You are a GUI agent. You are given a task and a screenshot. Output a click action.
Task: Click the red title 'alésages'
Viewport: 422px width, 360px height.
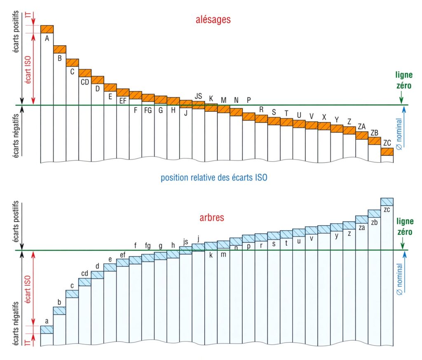tap(213, 19)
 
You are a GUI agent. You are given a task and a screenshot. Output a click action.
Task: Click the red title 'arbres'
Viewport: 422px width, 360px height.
tap(212, 217)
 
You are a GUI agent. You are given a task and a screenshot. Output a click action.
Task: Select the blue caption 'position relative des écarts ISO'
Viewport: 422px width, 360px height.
tap(214, 178)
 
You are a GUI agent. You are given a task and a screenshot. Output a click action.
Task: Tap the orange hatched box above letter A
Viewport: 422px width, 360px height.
tap(47, 29)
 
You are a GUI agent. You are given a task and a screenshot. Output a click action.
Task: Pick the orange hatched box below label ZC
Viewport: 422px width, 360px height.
tap(387, 152)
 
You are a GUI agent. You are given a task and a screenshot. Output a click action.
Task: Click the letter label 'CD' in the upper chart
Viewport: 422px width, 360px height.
tap(85, 82)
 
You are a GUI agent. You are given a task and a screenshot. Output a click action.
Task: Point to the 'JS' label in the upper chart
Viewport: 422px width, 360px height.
tap(198, 96)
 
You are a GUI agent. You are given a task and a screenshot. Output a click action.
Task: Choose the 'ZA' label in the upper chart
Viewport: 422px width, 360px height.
tap(362, 127)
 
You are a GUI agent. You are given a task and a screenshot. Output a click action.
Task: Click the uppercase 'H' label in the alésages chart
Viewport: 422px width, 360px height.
tap(173, 110)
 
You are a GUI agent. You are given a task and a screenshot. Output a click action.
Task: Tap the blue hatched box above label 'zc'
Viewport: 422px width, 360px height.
tap(387, 202)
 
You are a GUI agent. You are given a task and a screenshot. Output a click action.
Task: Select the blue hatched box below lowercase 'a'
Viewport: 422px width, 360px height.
tap(47, 329)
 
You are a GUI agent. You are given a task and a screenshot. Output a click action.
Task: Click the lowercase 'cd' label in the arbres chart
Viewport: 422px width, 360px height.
tap(85, 273)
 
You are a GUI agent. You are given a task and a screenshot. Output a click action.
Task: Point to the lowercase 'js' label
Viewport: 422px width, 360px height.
tap(185, 242)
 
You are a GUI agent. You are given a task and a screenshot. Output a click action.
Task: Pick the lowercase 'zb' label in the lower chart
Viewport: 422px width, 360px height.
tap(374, 222)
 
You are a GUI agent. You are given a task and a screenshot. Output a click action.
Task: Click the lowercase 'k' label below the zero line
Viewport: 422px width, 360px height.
tap(211, 255)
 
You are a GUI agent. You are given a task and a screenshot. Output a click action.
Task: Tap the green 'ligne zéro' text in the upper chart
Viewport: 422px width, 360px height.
tap(404, 80)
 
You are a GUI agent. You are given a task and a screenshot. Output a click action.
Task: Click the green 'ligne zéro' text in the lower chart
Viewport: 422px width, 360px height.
tap(405, 227)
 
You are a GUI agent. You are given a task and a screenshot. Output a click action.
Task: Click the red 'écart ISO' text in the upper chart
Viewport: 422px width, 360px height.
tap(28, 69)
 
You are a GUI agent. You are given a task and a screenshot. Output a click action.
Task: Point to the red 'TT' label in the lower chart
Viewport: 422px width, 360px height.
tap(28, 343)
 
